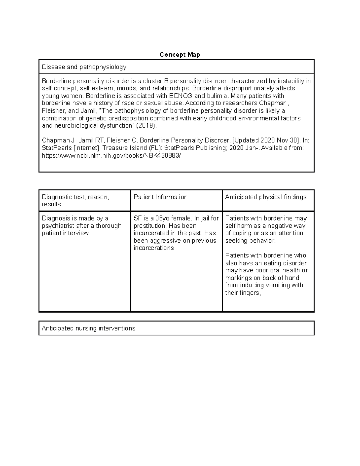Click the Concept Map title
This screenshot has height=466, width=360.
coord(180,55)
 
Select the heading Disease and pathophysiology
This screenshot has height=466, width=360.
coord(84,67)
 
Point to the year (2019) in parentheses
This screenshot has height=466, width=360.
coord(146,125)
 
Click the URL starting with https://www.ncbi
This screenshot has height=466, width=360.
coord(112,155)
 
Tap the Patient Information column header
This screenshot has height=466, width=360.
coord(160,197)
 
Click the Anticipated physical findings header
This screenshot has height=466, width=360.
coord(265,197)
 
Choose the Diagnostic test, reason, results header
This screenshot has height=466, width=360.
coord(76,200)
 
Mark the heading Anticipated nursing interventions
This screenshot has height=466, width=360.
coord(88,328)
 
